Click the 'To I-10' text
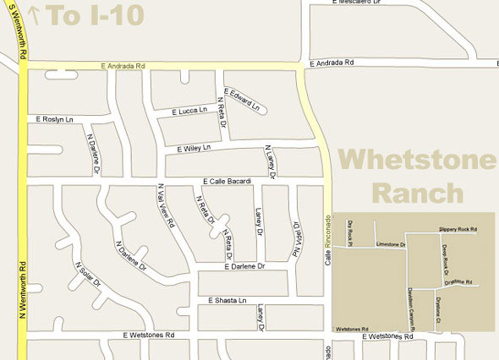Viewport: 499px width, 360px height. coord(94,14)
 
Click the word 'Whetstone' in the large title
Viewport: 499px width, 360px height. coord(418,160)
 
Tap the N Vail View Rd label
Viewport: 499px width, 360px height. coord(165,206)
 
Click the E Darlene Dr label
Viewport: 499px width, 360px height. coord(244,267)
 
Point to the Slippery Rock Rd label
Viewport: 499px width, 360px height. coord(458,228)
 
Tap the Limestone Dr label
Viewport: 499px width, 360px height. coord(392,243)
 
